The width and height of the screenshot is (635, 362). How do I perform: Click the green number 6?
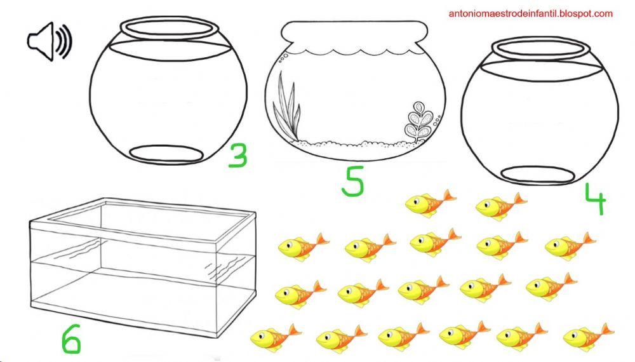point(71,339)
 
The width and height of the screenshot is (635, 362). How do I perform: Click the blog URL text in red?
point(530,13)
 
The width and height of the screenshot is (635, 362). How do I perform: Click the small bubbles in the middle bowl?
point(283,57)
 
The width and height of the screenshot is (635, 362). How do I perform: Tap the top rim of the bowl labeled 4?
point(539,48)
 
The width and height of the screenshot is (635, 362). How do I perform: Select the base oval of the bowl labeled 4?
point(538,174)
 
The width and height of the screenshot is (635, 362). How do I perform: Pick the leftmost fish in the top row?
point(430,203)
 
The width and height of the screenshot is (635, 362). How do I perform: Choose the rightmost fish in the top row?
point(500,206)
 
